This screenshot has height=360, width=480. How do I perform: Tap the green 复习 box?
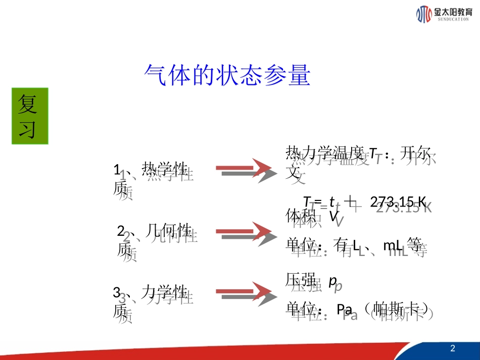(x=30, y=116)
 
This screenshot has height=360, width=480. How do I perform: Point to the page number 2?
(x=452, y=348)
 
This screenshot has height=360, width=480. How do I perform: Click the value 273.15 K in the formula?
(x=398, y=201)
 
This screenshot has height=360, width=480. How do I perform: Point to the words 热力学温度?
(x=324, y=152)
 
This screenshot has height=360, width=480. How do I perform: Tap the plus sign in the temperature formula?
(x=350, y=202)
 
